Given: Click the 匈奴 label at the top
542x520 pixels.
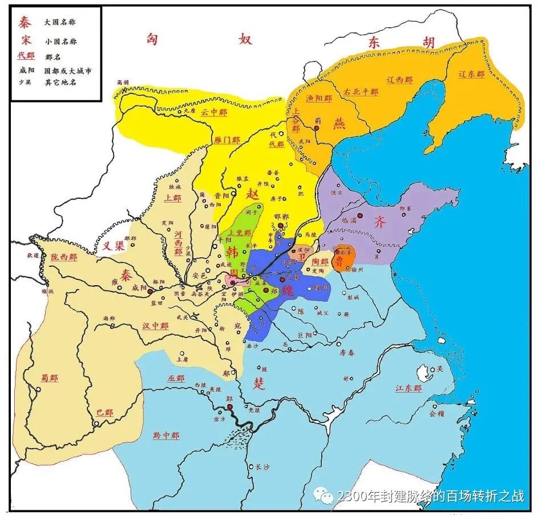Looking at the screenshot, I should pyautogui.click(x=197, y=40).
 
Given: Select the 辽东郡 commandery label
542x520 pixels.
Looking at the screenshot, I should pyautogui.click(x=472, y=75).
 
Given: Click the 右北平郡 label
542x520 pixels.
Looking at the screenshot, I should pyautogui.click(x=361, y=92).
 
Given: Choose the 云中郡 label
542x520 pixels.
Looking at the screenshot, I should pyautogui.click(x=213, y=113).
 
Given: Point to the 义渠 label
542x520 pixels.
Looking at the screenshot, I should pyautogui.click(x=114, y=246).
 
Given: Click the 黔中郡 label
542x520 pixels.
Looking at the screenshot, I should pyautogui.click(x=166, y=436).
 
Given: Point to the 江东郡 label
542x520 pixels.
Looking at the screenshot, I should pyautogui.click(x=408, y=388).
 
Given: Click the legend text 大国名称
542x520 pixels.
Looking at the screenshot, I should pyautogui.click(x=60, y=22).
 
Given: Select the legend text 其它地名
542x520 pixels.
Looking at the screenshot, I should pyautogui.click(x=60, y=82).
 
